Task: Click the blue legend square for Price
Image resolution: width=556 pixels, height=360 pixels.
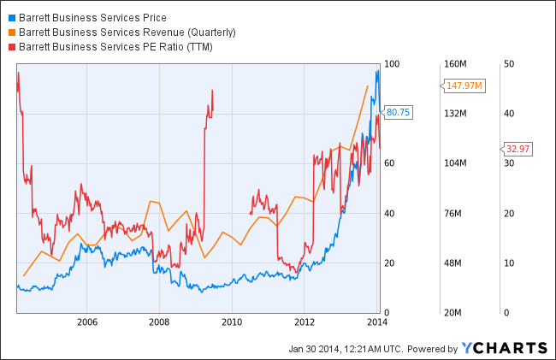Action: (11, 17)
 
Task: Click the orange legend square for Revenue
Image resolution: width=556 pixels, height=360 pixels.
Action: (11, 32)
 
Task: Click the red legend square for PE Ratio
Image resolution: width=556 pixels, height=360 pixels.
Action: (11, 46)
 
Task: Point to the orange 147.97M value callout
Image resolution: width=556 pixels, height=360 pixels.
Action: (463, 86)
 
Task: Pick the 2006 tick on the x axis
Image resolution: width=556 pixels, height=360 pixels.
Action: (86, 322)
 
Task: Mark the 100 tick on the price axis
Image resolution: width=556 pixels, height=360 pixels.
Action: (393, 64)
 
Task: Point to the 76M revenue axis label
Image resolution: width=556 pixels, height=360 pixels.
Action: (453, 213)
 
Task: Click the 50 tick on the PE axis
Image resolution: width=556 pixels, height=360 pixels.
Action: (508, 64)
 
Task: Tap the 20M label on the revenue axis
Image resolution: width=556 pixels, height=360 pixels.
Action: (453, 312)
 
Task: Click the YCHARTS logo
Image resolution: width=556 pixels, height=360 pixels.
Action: (504, 347)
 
